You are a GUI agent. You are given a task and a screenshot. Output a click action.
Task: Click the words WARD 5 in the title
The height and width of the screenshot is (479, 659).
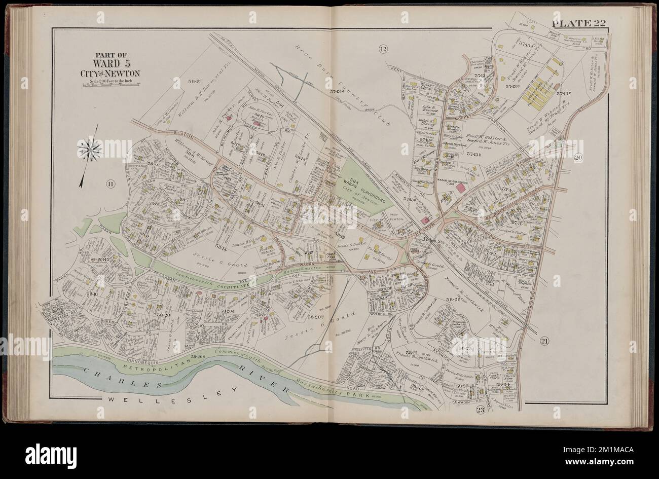116,64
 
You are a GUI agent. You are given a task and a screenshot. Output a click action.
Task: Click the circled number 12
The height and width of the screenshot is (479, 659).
383,49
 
